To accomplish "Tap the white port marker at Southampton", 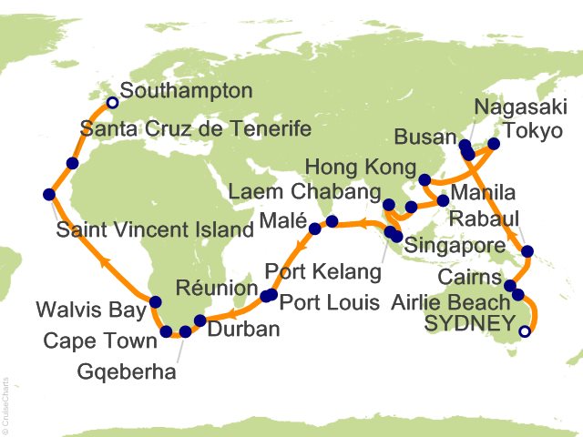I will click(x=112, y=104).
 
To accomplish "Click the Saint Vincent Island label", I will click(x=154, y=230).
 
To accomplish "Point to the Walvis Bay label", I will click(x=89, y=310).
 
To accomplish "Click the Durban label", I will click(x=244, y=329).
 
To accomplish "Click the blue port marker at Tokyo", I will click(x=494, y=143).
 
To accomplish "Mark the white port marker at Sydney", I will click(x=524, y=331).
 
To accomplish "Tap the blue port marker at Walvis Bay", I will click(x=155, y=302).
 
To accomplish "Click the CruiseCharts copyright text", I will click(x=5, y=401).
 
